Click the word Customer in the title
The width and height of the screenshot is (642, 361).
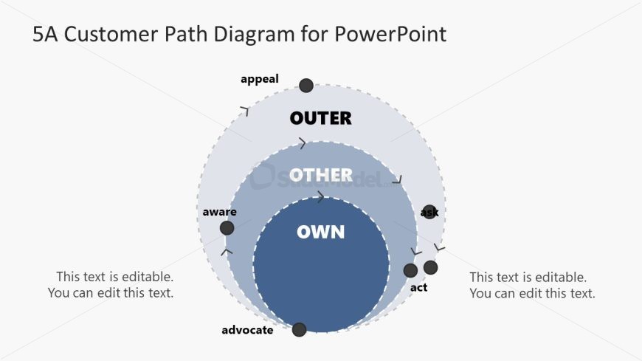click(x=111, y=34)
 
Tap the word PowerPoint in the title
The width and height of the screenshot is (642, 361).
click(x=390, y=34)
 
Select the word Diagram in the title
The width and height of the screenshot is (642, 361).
click(x=254, y=35)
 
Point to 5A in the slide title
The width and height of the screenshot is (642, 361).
click(x=45, y=34)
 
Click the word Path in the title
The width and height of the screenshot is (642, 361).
click(x=185, y=34)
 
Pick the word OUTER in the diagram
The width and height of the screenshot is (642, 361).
click(x=320, y=118)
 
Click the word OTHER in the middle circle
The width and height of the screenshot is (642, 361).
click(x=320, y=176)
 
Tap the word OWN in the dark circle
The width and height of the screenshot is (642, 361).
click(x=320, y=232)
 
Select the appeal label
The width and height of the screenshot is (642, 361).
click(x=260, y=79)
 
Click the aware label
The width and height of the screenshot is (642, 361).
click(x=219, y=212)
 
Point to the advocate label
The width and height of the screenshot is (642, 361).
click(x=247, y=330)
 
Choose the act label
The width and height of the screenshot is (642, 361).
click(x=418, y=288)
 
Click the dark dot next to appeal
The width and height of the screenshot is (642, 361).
click(x=306, y=86)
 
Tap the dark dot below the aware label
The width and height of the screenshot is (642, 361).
click(x=227, y=228)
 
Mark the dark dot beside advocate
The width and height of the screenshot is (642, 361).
click(x=300, y=329)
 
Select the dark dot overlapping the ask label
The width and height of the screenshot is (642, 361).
click(x=429, y=212)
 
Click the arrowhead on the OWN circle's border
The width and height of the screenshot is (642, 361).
click(x=320, y=196)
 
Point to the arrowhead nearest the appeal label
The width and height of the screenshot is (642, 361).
click(x=245, y=111)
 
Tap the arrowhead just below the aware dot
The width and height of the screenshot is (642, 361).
click(x=227, y=252)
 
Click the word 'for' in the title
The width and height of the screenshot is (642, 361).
click(x=314, y=34)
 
